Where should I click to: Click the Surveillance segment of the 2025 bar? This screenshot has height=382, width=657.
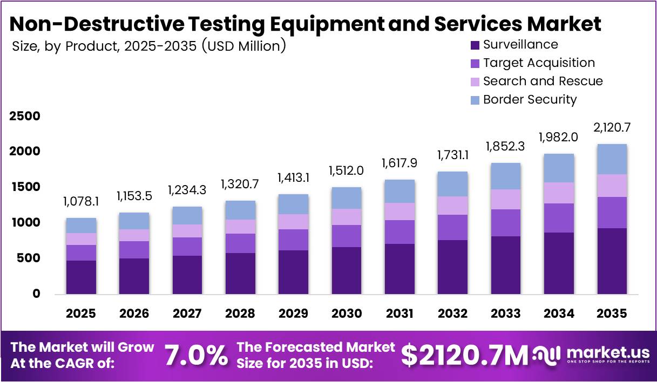pyautogui.click(x=81, y=277)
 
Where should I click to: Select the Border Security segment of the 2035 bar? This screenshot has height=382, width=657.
pyautogui.click(x=612, y=159)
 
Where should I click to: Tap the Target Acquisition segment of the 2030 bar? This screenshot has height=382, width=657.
pyautogui.click(x=347, y=236)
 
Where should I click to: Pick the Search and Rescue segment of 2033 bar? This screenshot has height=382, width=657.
pyautogui.click(x=506, y=199)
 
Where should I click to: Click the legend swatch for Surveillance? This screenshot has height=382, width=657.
pyautogui.click(x=475, y=45)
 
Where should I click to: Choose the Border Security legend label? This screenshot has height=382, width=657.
pyautogui.click(x=530, y=100)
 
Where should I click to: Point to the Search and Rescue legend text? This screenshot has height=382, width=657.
pyautogui.click(x=543, y=81)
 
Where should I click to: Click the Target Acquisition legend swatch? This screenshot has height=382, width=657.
pyautogui.click(x=475, y=63)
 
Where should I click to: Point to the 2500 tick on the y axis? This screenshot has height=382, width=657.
pyautogui.click(x=25, y=117)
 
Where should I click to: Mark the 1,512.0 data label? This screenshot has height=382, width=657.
pyautogui.click(x=347, y=171)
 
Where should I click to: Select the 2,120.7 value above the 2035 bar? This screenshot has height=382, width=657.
pyautogui.click(x=612, y=128)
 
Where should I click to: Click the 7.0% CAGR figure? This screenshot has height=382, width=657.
pyautogui.click(x=195, y=355)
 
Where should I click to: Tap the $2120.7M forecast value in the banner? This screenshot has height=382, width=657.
pyautogui.click(x=465, y=355)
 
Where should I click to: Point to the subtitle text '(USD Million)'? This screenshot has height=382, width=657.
pyautogui.click(x=243, y=46)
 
